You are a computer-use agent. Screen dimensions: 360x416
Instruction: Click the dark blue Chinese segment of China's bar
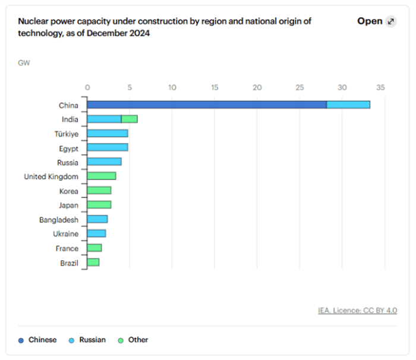pyautogui.click(x=207, y=105)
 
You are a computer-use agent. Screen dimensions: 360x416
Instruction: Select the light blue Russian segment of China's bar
pyautogui.click(x=348, y=105)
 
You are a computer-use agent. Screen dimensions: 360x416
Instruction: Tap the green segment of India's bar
pyautogui.click(x=130, y=119)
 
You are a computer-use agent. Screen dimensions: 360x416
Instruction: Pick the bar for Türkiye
pyautogui.click(x=108, y=133)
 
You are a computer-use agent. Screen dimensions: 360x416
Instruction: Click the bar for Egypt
pyautogui.click(x=108, y=147)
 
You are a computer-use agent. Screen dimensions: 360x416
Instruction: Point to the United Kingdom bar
pyautogui.click(x=102, y=176)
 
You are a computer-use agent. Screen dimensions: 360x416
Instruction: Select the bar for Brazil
pyautogui.click(x=93, y=263)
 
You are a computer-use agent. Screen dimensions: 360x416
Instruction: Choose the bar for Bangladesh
pyautogui.click(x=97, y=219)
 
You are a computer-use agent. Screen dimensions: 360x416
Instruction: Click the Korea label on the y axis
pyautogui.click(x=68, y=191)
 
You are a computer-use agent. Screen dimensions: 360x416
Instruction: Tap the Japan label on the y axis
pyautogui.click(x=68, y=205)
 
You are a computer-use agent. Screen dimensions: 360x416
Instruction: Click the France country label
pyautogui.click(x=67, y=248)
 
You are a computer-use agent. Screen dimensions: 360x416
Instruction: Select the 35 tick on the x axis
pyautogui.click(x=380, y=87)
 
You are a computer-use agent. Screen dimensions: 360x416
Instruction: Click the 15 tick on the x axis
pyautogui.click(x=215, y=87)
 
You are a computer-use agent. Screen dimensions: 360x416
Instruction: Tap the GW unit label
pyautogui.click(x=24, y=62)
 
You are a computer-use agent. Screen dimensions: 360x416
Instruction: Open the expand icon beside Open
pyautogui.click(x=390, y=21)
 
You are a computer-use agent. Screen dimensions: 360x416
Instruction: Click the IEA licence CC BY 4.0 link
pyautogui.click(x=358, y=310)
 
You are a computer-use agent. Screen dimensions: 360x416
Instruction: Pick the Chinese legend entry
pyautogui.click(x=39, y=340)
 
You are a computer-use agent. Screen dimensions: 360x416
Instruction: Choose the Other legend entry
pyautogui.click(x=133, y=340)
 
